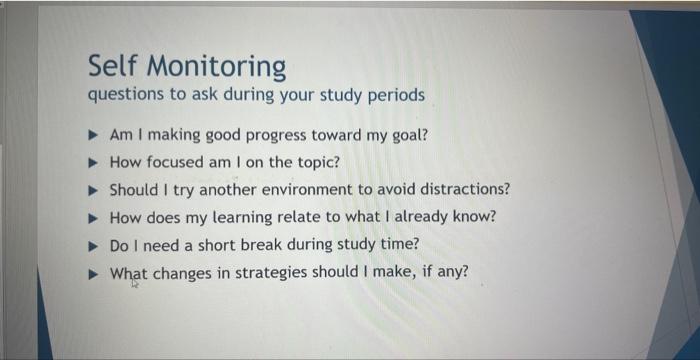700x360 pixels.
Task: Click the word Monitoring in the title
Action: [x=218, y=67]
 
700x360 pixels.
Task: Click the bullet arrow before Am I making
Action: [x=92, y=134]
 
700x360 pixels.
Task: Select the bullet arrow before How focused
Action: [x=92, y=162]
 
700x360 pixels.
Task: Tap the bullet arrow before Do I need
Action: [x=92, y=245]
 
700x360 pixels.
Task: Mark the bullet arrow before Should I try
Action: [x=92, y=189]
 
